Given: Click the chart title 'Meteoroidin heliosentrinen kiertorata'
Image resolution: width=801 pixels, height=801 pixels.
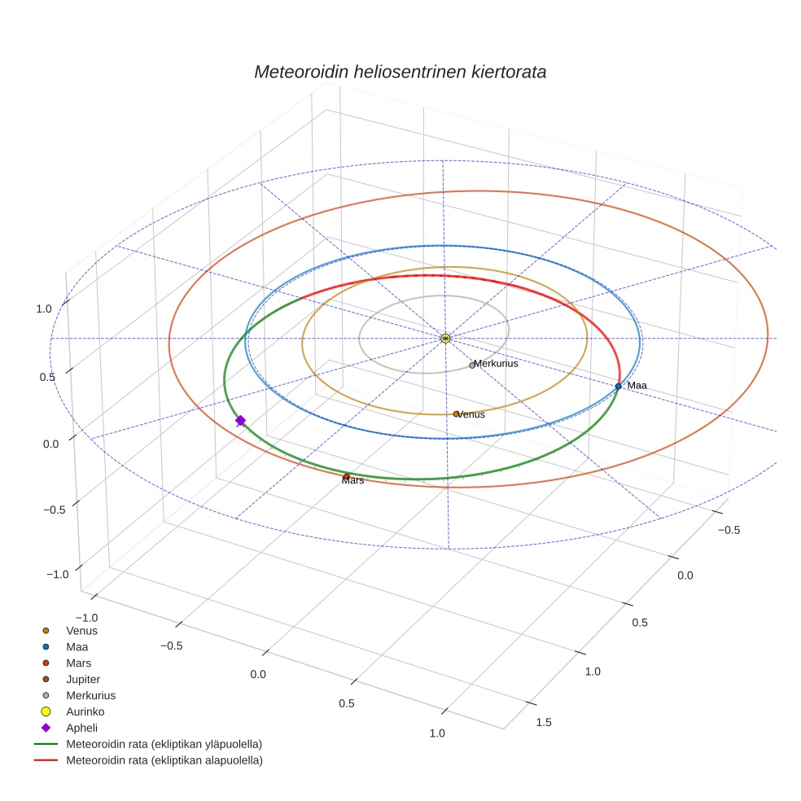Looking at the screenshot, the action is pos(400,72).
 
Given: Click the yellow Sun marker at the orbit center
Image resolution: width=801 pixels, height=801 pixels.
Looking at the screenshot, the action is pos(445,338).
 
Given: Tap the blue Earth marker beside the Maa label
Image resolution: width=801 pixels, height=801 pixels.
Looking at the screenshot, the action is pos(618,386).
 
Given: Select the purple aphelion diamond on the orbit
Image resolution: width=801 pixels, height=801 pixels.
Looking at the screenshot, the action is pos(240,420).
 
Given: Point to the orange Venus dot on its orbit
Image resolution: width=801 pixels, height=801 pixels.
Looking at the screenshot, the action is pos(456,414).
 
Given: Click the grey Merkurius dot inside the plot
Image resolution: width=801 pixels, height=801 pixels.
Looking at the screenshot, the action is pos(472,365).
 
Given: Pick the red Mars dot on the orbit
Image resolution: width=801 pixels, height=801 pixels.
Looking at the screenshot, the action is pos(346,477).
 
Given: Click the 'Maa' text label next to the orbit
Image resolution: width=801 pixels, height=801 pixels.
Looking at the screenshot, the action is pos(637,385).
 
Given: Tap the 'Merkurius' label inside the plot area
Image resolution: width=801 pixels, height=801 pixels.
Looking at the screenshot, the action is pos(496,363).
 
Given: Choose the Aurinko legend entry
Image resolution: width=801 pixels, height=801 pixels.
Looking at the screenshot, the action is pos(73,711).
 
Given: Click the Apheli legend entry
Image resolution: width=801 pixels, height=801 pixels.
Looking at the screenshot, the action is pos(69,728).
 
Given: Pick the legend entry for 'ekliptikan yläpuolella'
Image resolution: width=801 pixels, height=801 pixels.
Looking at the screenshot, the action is pos(148,744).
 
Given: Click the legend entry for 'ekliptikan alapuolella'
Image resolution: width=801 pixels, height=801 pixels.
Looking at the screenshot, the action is pos(148,760).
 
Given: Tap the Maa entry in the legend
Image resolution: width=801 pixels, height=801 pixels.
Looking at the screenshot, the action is pos(65,647).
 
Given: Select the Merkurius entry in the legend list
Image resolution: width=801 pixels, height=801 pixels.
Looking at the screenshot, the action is pos(79,696).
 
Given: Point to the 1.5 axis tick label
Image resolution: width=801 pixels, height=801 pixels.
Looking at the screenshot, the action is pos(544,722).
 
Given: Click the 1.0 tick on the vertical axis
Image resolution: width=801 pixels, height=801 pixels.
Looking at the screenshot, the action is pos(44,309).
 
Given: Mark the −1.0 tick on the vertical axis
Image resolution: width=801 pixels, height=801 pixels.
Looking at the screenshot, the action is pos(57,574).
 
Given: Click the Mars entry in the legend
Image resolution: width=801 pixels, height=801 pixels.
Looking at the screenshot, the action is pos(67,663).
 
